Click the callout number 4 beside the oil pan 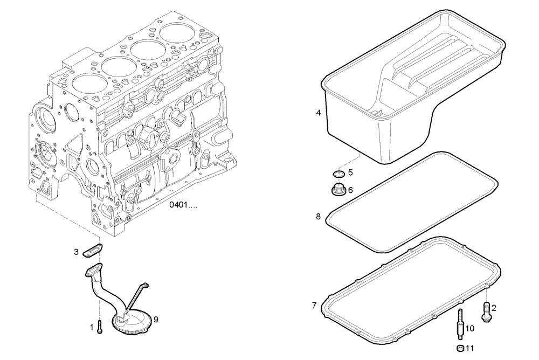point(319,113)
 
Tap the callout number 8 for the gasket point(319,217)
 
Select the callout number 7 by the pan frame point(314,306)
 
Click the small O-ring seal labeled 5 point(338,174)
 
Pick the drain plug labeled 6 point(338,190)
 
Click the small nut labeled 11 point(460,348)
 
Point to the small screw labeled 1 point(100,326)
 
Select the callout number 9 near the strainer point(156,319)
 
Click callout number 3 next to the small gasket point(77,251)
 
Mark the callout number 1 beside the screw point(91,326)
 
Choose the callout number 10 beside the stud point(470,328)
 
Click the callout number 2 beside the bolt point(494,308)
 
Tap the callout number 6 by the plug point(350,190)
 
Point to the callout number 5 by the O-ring point(350,173)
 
